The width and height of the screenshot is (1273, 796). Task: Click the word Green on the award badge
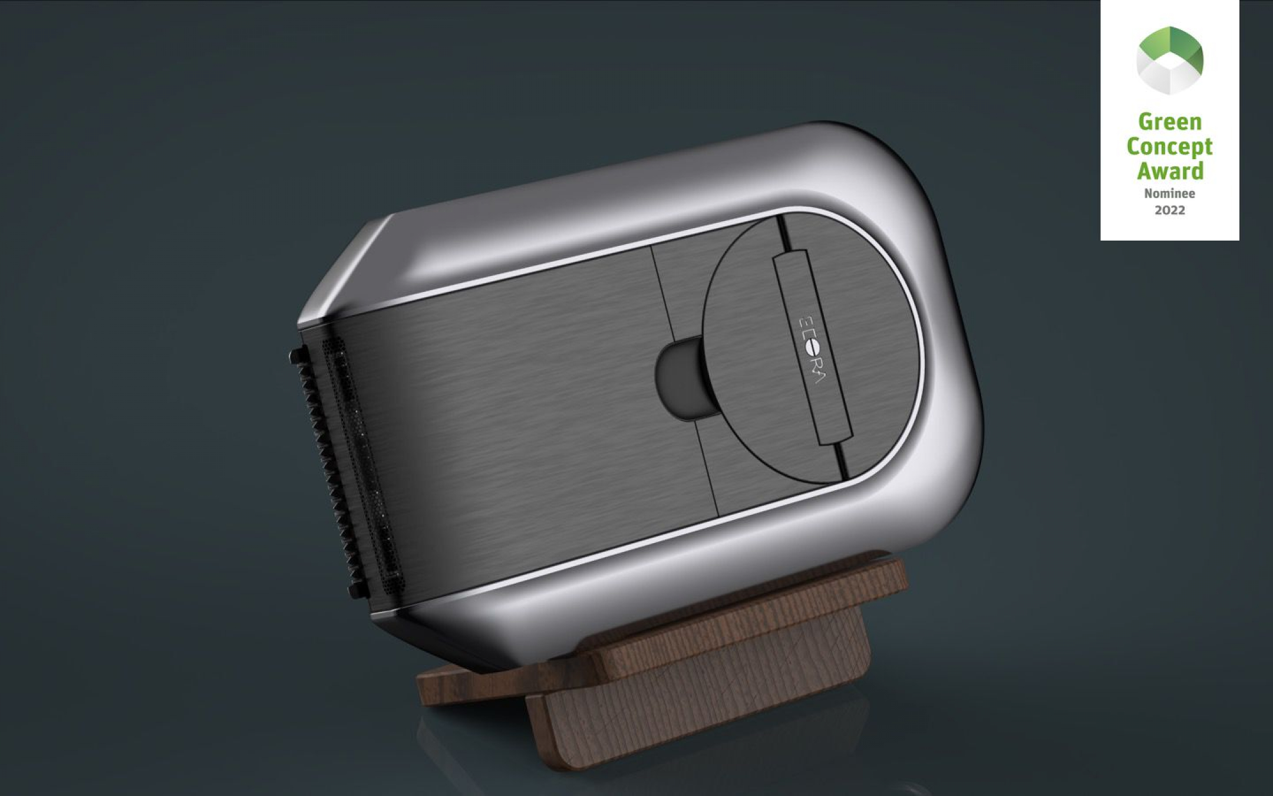[1169, 122]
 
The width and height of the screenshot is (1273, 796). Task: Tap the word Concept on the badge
[1169, 147]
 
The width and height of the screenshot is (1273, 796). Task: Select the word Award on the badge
[1169, 171]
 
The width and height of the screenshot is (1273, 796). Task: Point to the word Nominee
[1169, 193]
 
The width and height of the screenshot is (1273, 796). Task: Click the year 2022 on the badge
[1169, 210]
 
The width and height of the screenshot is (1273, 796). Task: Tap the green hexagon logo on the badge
[1169, 60]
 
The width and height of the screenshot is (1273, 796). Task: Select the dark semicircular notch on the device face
[678, 377]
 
